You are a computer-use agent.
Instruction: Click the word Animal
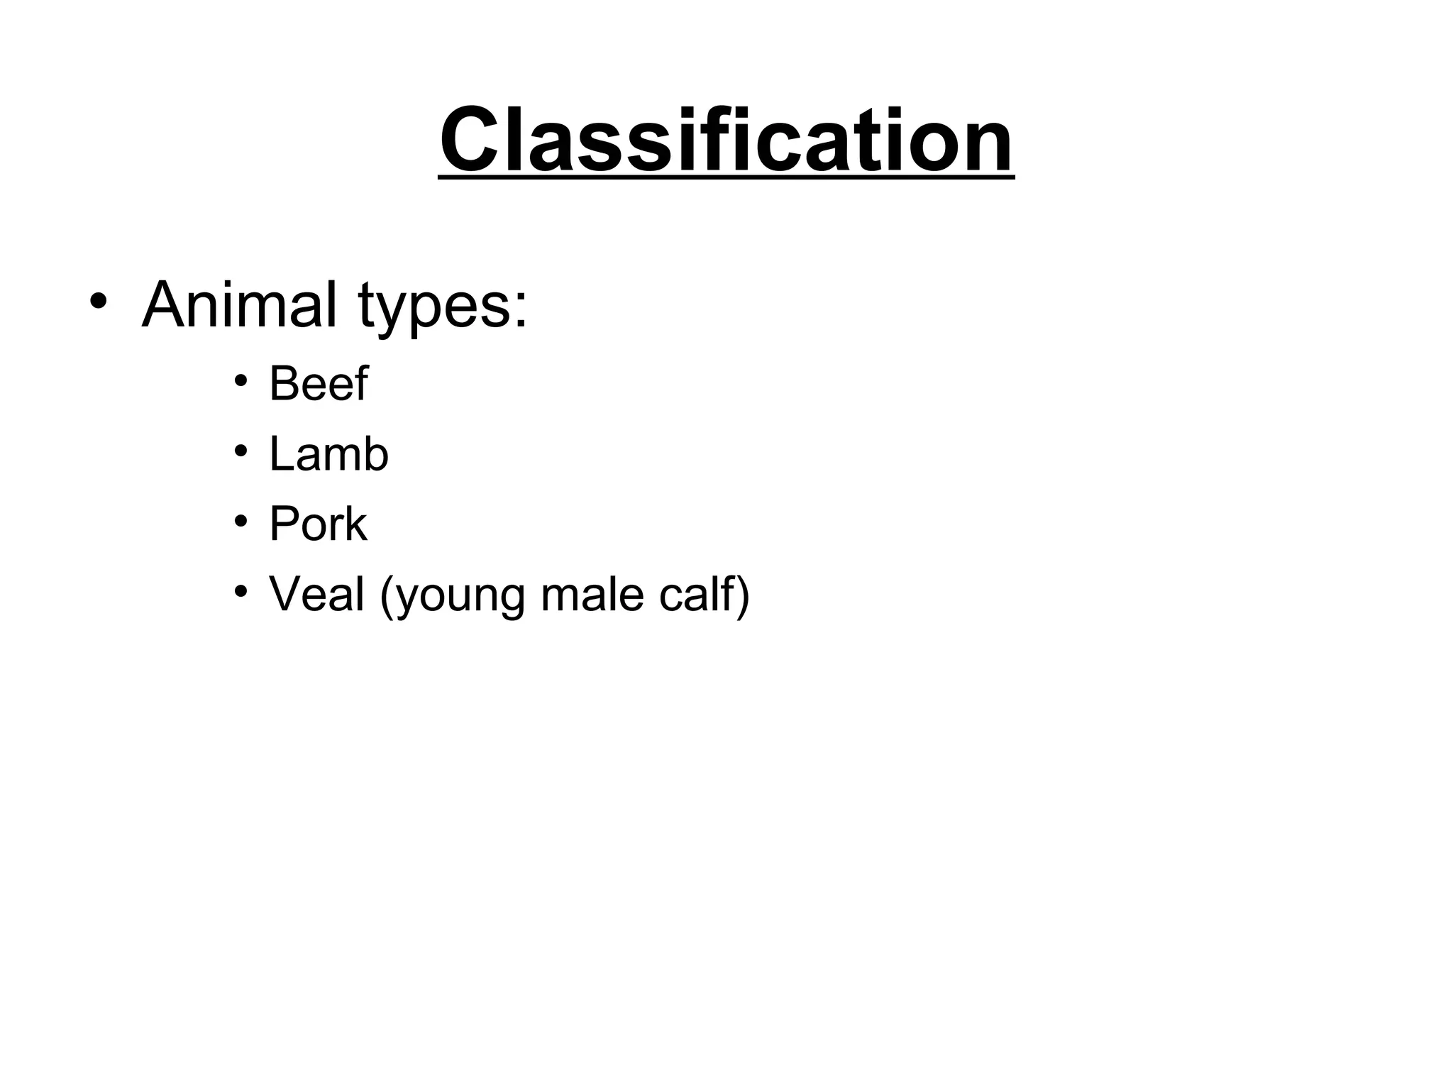(239, 305)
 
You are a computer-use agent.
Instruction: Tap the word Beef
(319, 384)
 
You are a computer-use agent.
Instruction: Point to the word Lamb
(328, 454)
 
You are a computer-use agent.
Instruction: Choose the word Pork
(318, 524)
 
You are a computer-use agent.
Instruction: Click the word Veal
(316, 594)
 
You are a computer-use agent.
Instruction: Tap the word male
(592, 594)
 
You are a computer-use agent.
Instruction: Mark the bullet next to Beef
(241, 381)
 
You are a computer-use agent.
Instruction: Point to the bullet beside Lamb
(241, 451)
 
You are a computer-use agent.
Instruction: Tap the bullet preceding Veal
(241, 591)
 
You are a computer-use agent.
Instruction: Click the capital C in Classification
(473, 140)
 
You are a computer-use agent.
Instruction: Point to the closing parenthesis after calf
(743, 596)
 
